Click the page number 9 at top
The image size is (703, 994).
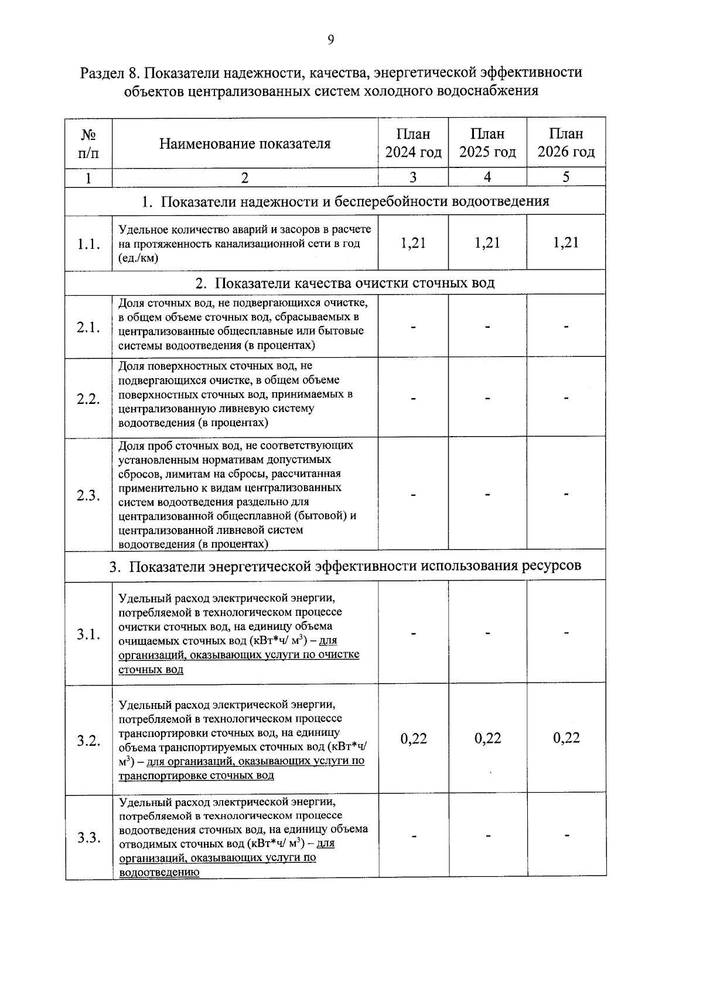(x=331, y=40)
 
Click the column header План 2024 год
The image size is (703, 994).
(x=413, y=143)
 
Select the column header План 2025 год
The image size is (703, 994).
(x=487, y=143)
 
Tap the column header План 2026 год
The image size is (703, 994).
(x=566, y=143)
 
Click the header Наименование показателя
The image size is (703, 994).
(x=245, y=144)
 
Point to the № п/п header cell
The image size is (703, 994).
(x=88, y=144)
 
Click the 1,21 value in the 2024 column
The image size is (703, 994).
(x=413, y=243)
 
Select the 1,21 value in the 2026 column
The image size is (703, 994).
(x=566, y=243)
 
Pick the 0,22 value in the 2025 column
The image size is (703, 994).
(x=487, y=738)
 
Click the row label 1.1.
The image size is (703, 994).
(x=88, y=245)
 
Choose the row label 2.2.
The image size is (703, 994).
(x=88, y=399)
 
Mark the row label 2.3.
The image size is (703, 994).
(x=88, y=496)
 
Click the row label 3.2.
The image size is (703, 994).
(x=88, y=741)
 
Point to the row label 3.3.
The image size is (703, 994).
(x=88, y=838)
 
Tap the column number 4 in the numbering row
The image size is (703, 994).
(x=487, y=177)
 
